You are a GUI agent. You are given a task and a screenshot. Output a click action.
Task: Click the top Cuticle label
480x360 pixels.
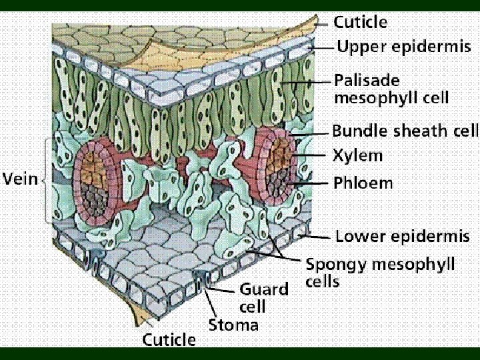(360, 22)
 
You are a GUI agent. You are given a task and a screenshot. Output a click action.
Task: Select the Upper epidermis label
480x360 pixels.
(404, 47)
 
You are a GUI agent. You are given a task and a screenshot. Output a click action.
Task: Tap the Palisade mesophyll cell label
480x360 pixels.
(391, 89)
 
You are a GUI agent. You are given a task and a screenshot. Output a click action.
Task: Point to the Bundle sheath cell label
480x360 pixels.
(405, 130)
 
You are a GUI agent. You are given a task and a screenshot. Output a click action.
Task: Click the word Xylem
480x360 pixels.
(358, 156)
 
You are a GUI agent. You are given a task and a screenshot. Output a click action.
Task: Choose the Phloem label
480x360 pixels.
(363, 183)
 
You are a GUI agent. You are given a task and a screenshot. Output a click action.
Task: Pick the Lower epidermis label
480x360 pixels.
(402, 236)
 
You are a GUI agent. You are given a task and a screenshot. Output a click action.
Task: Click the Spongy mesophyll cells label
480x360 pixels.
(380, 272)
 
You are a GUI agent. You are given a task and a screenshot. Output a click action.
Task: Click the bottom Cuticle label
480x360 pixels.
(169, 340)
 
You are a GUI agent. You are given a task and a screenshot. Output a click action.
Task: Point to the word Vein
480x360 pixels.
(20, 179)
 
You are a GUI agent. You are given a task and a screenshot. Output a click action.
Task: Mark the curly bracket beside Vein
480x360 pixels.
(47, 179)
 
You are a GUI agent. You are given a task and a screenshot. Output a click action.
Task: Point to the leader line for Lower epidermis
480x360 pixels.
(317, 236)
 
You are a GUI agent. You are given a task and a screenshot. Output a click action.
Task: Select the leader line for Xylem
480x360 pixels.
(313, 156)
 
